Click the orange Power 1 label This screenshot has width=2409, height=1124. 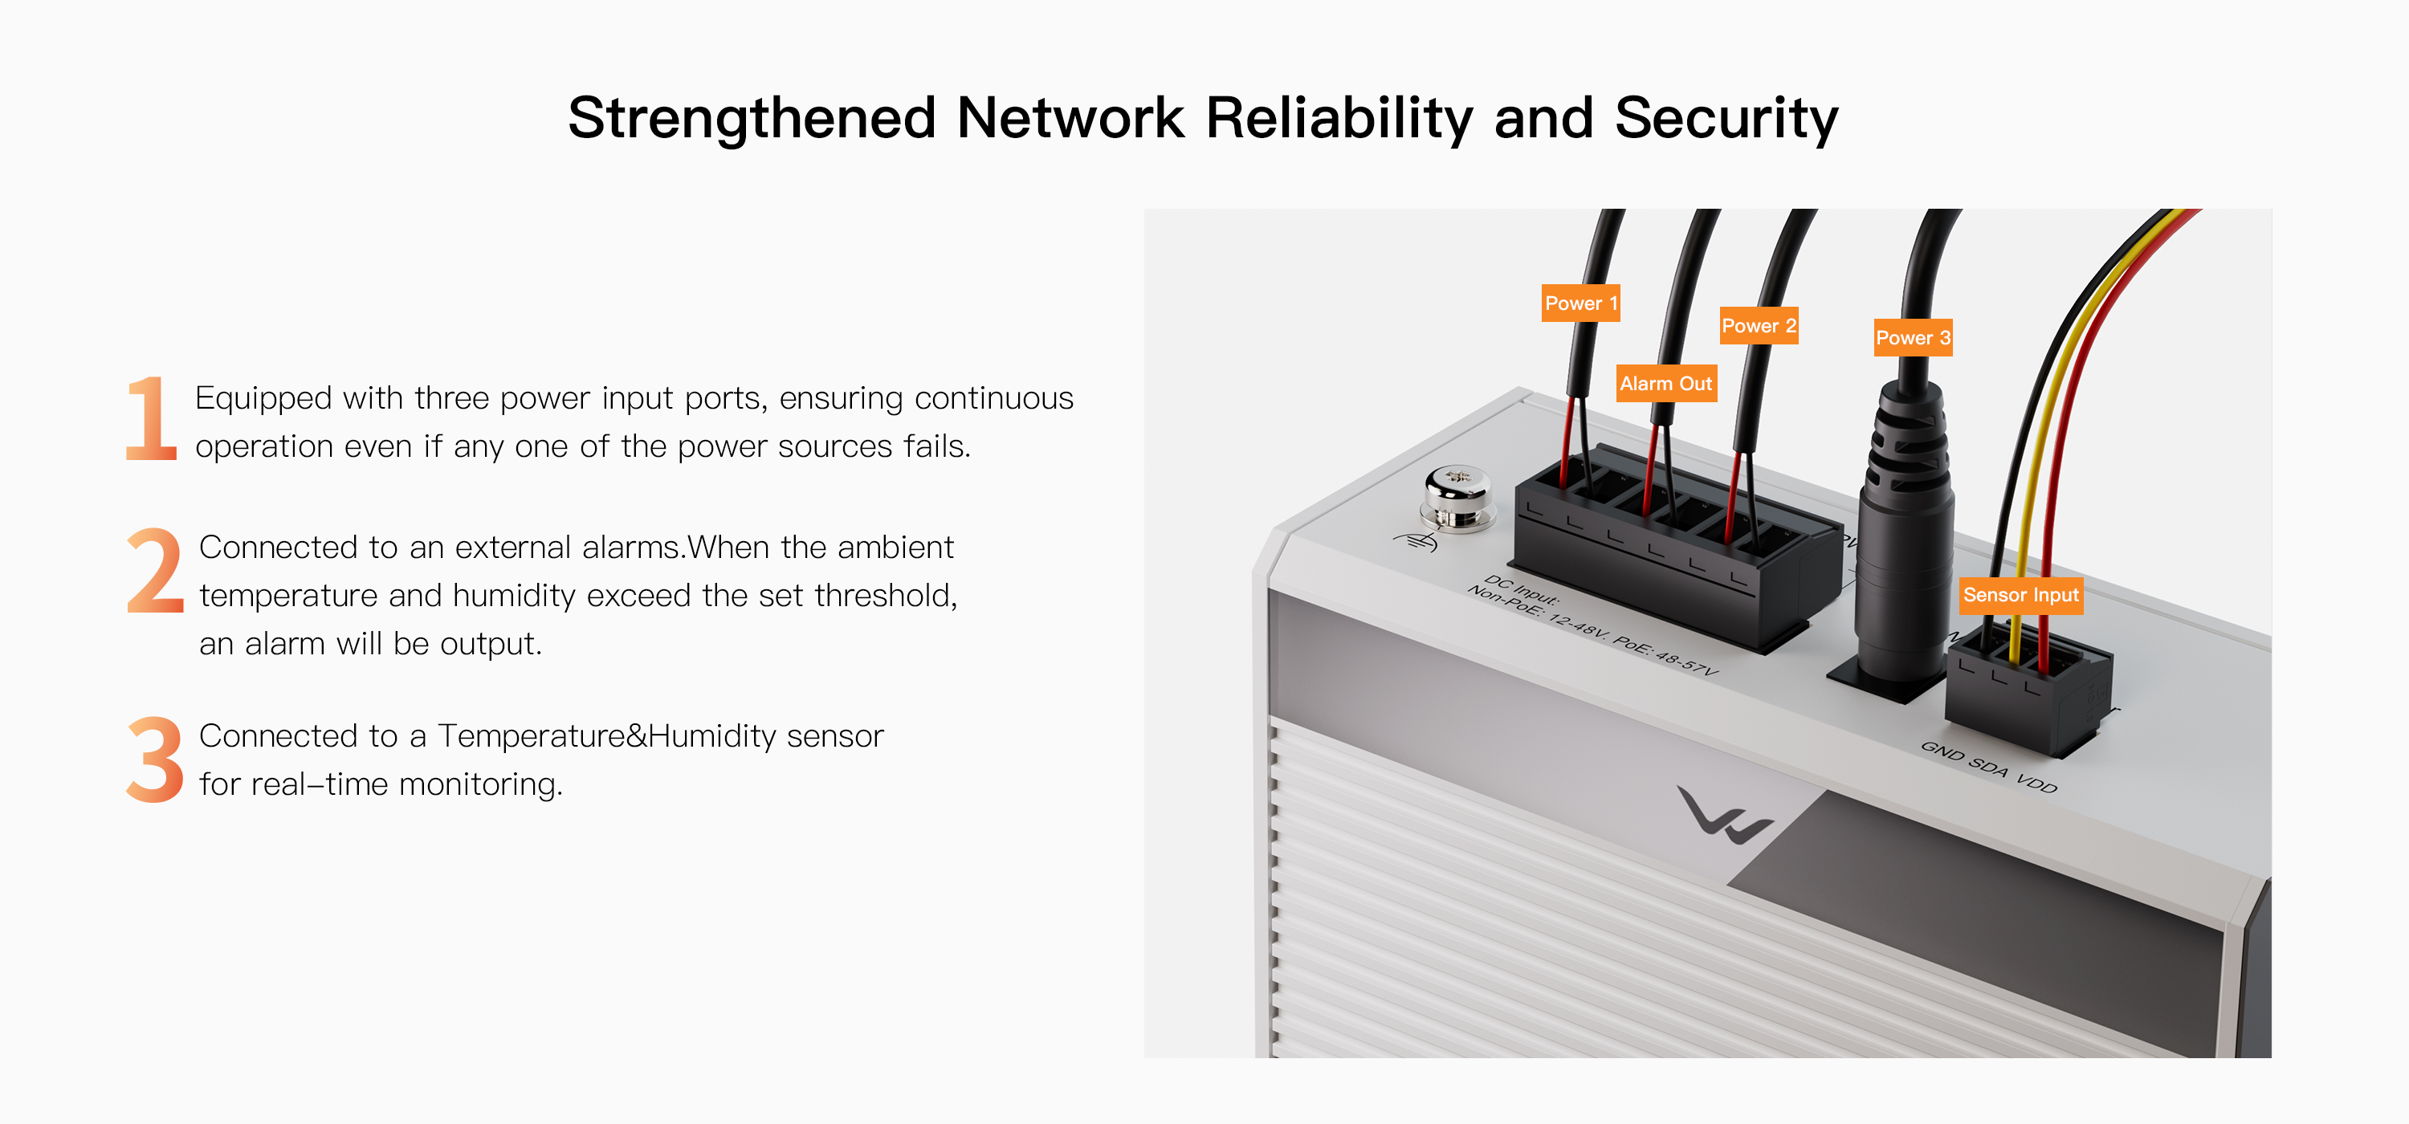point(1580,303)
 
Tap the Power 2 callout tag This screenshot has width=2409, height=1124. point(1758,325)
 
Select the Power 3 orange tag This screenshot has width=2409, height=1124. point(1913,337)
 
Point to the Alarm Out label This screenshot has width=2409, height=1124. point(1665,384)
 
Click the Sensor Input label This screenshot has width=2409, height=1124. point(2020,595)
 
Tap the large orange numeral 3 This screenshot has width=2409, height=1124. point(155,760)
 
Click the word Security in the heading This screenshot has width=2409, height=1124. point(1726,119)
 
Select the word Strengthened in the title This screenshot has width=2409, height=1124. point(752,119)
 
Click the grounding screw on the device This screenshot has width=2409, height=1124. point(1456,498)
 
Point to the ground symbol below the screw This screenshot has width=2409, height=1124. point(1415,541)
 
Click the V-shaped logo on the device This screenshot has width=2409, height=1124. point(1722,816)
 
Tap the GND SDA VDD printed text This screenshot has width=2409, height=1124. point(1988,767)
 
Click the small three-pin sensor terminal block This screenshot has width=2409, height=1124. point(2024,692)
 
